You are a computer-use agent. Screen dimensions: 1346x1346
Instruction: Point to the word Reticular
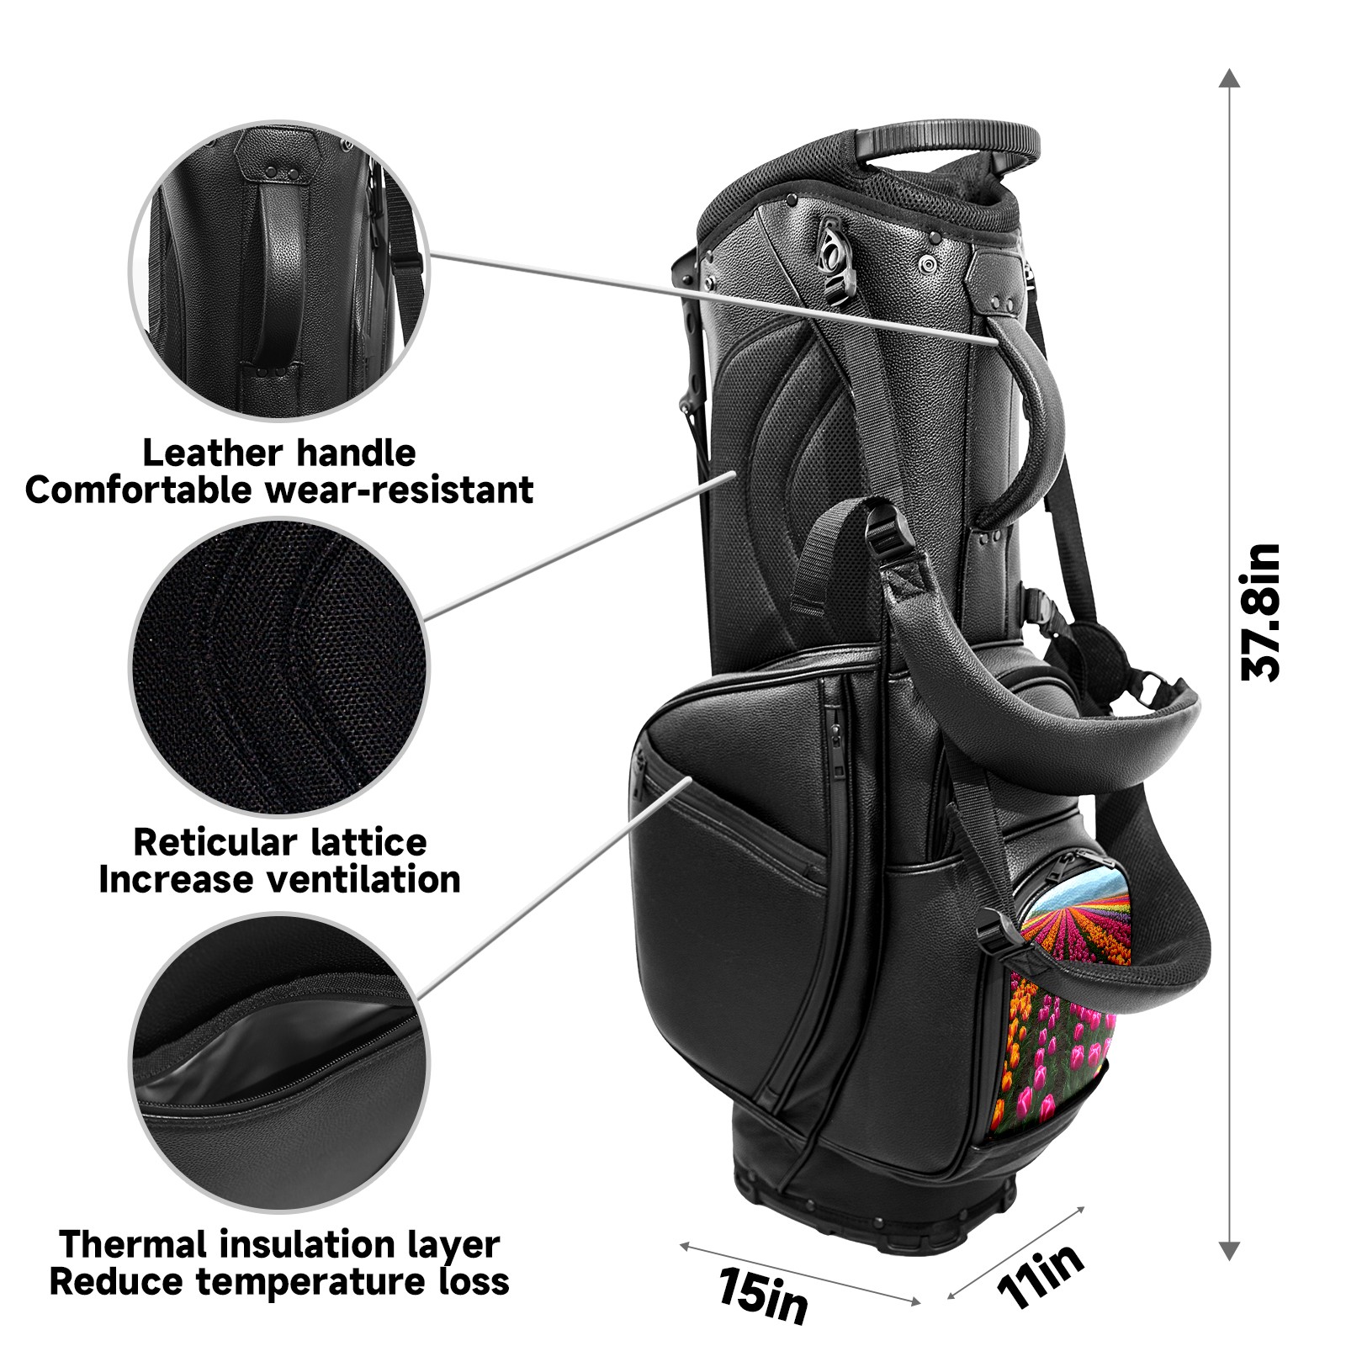[215, 842]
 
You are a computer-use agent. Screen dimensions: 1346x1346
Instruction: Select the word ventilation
[363, 880]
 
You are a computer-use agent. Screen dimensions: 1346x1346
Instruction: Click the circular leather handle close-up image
[278, 269]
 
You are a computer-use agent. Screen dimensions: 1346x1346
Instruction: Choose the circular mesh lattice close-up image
[278, 667]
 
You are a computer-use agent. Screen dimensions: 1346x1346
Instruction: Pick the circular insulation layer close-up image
[278, 1062]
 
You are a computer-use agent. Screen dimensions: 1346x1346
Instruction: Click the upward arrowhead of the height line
[1230, 78]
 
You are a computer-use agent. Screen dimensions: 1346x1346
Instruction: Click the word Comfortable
[140, 490]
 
